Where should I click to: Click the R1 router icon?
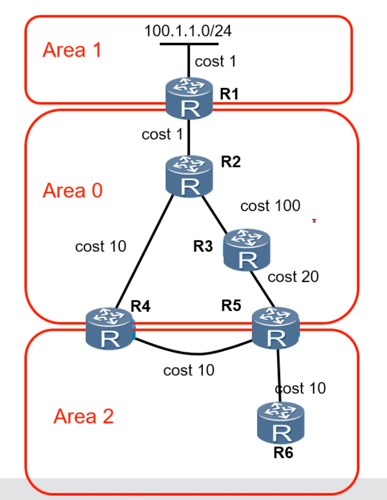(x=189, y=98)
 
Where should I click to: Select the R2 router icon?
(x=189, y=176)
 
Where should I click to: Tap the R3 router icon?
(x=247, y=250)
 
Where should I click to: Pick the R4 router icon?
(x=110, y=329)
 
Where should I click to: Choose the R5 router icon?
(x=276, y=328)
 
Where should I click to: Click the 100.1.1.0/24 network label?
(x=188, y=31)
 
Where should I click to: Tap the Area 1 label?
(x=72, y=50)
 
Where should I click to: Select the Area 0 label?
(x=73, y=191)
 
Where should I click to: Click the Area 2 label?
(x=83, y=416)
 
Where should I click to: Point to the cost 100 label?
(x=271, y=206)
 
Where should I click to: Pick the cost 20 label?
(x=293, y=276)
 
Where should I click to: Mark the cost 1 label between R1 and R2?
(x=162, y=134)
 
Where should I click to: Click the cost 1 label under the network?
(x=216, y=61)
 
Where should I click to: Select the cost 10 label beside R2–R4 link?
(x=101, y=246)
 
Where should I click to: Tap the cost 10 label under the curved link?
(x=189, y=370)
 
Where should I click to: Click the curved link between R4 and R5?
(x=198, y=353)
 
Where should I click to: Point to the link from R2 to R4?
(x=144, y=251)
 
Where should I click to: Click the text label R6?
(x=283, y=452)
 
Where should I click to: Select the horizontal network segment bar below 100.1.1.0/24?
(x=189, y=44)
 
